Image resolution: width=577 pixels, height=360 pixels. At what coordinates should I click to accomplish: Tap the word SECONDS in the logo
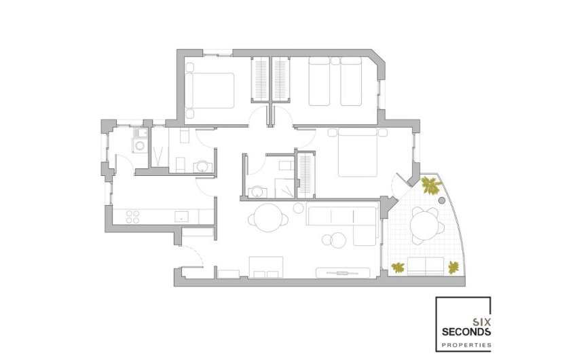coord(465,332)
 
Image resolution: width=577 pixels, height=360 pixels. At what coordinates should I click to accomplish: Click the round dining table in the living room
coord(264,217)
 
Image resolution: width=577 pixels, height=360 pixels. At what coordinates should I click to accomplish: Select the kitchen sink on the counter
coord(181,216)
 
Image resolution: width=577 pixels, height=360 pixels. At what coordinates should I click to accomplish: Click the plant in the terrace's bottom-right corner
coord(453,266)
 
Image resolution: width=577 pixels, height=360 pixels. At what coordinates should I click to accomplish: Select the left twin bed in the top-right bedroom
coord(319,82)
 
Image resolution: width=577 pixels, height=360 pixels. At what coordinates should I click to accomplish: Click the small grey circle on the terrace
coord(443,201)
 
